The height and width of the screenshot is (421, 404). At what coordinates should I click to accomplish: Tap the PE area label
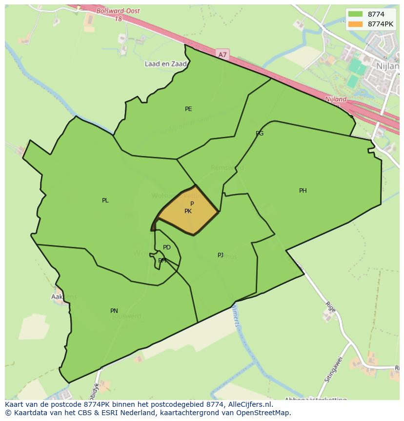tap(188, 109)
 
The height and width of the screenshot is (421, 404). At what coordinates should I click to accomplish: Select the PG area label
tap(260, 133)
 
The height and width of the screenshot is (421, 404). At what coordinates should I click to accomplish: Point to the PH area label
tap(303, 191)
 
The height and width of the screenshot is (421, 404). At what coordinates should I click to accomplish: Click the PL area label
tap(105, 200)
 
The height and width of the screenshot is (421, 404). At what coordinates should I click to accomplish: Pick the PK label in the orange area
tap(188, 211)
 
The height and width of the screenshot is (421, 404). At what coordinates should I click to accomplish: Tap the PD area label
tap(167, 247)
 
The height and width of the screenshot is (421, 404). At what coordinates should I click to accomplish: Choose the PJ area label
tap(221, 255)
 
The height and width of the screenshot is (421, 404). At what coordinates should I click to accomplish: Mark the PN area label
tap(114, 311)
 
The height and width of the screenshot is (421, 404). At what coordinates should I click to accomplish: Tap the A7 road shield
tap(222, 55)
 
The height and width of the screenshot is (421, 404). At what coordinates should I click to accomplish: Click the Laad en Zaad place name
tap(166, 64)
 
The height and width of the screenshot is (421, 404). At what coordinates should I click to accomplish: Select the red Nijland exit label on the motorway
tap(336, 99)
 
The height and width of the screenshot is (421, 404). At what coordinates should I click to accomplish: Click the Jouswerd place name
tap(126, 316)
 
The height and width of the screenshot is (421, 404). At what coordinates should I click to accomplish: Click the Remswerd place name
tap(227, 168)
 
